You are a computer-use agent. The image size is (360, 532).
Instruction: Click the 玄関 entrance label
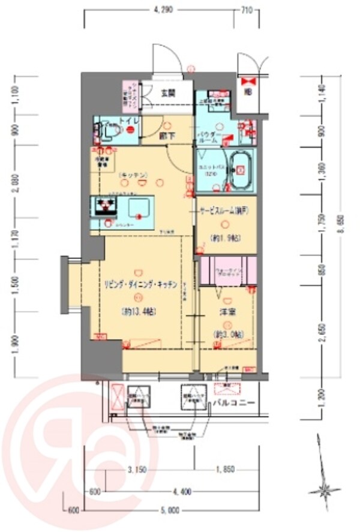167,93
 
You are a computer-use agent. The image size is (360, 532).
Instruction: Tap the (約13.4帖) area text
139,312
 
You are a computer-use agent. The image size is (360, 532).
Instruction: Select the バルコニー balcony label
234,403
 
